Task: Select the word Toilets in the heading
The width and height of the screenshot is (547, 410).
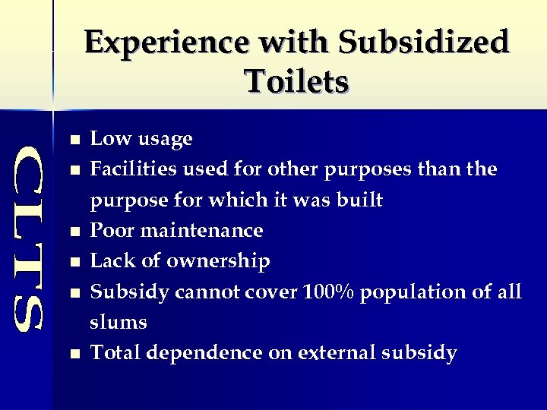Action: tap(296, 79)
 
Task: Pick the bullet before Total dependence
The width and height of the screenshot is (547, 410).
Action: tap(73, 354)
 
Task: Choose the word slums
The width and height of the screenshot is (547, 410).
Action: tap(119, 322)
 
